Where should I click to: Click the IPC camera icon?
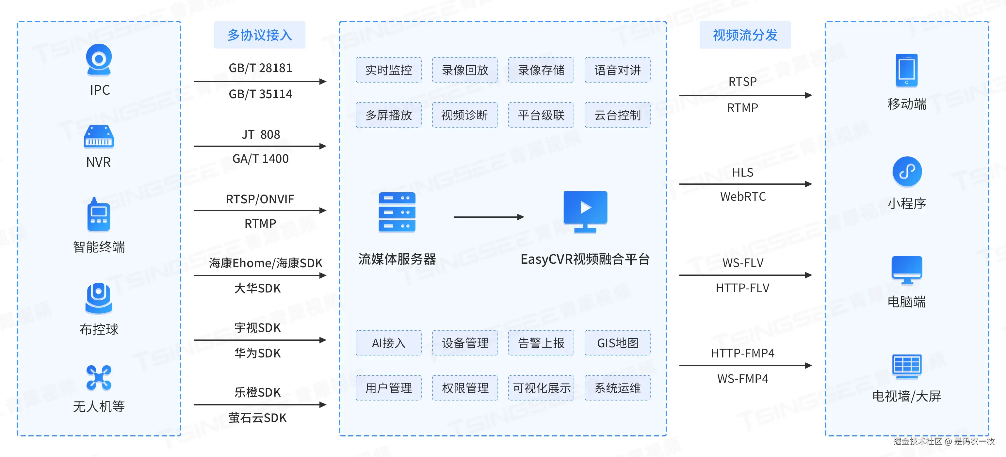pyautogui.click(x=99, y=59)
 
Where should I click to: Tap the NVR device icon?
pyautogui.click(x=99, y=136)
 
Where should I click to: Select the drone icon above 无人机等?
pyautogui.click(x=99, y=378)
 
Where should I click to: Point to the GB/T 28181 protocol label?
pyautogui.click(x=260, y=68)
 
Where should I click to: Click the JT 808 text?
pyautogui.click(x=261, y=134)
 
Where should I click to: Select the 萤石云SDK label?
pyautogui.click(x=257, y=418)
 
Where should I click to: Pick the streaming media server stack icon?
pyautogui.click(x=397, y=212)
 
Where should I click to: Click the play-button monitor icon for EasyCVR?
pyautogui.click(x=585, y=211)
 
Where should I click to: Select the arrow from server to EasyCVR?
pyautogui.click(x=488, y=217)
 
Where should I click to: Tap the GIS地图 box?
pyautogui.click(x=617, y=343)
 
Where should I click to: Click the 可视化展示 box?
pyautogui.click(x=541, y=388)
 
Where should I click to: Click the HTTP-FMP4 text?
pyautogui.click(x=742, y=353)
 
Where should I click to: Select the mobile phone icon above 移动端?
pyautogui.click(x=906, y=71)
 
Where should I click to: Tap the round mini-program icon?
pyautogui.click(x=907, y=171)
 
